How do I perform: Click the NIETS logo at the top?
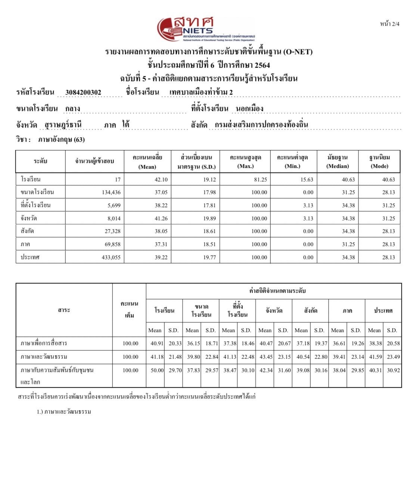coord(205,28)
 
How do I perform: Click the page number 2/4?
coord(389,24)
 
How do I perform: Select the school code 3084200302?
coord(83,92)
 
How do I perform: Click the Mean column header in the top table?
coord(147,162)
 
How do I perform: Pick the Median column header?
coord(337,162)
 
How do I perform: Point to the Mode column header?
coord(379,162)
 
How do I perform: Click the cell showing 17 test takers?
coord(117,180)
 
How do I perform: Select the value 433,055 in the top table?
coord(111,257)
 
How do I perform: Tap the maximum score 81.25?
coord(260,180)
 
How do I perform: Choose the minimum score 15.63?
coord(307,180)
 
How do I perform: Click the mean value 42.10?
coord(161,180)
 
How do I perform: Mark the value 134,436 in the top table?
coord(111,192)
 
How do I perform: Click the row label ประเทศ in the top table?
coord(30,257)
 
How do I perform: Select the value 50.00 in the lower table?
coord(157,370)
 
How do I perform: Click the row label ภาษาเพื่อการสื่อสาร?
coord(44,343)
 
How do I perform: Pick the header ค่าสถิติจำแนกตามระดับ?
coord(277,291)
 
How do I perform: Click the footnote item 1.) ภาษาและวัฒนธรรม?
coord(64,412)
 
